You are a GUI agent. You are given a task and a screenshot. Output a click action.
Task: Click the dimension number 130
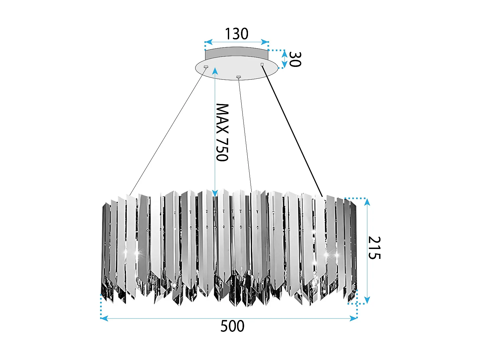[x=236, y=34]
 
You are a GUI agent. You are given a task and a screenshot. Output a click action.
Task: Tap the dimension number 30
[x=295, y=60]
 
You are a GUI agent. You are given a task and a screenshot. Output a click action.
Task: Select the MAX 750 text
[x=222, y=132]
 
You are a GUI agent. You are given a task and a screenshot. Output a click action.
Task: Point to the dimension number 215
[x=374, y=248]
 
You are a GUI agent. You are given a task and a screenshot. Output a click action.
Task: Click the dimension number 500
[x=232, y=326]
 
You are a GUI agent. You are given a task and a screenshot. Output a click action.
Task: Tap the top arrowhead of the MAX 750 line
[x=215, y=71]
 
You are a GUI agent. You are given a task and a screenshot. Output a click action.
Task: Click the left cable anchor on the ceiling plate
[x=206, y=67]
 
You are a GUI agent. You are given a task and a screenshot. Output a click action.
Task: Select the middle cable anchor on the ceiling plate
[x=238, y=77]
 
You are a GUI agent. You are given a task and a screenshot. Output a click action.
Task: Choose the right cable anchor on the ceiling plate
[x=262, y=65]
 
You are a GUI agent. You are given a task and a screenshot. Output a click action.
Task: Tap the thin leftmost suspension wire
[x=167, y=131]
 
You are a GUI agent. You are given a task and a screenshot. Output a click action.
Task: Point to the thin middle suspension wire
[x=245, y=134]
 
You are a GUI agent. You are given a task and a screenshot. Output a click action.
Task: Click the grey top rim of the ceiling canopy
[x=236, y=52]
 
